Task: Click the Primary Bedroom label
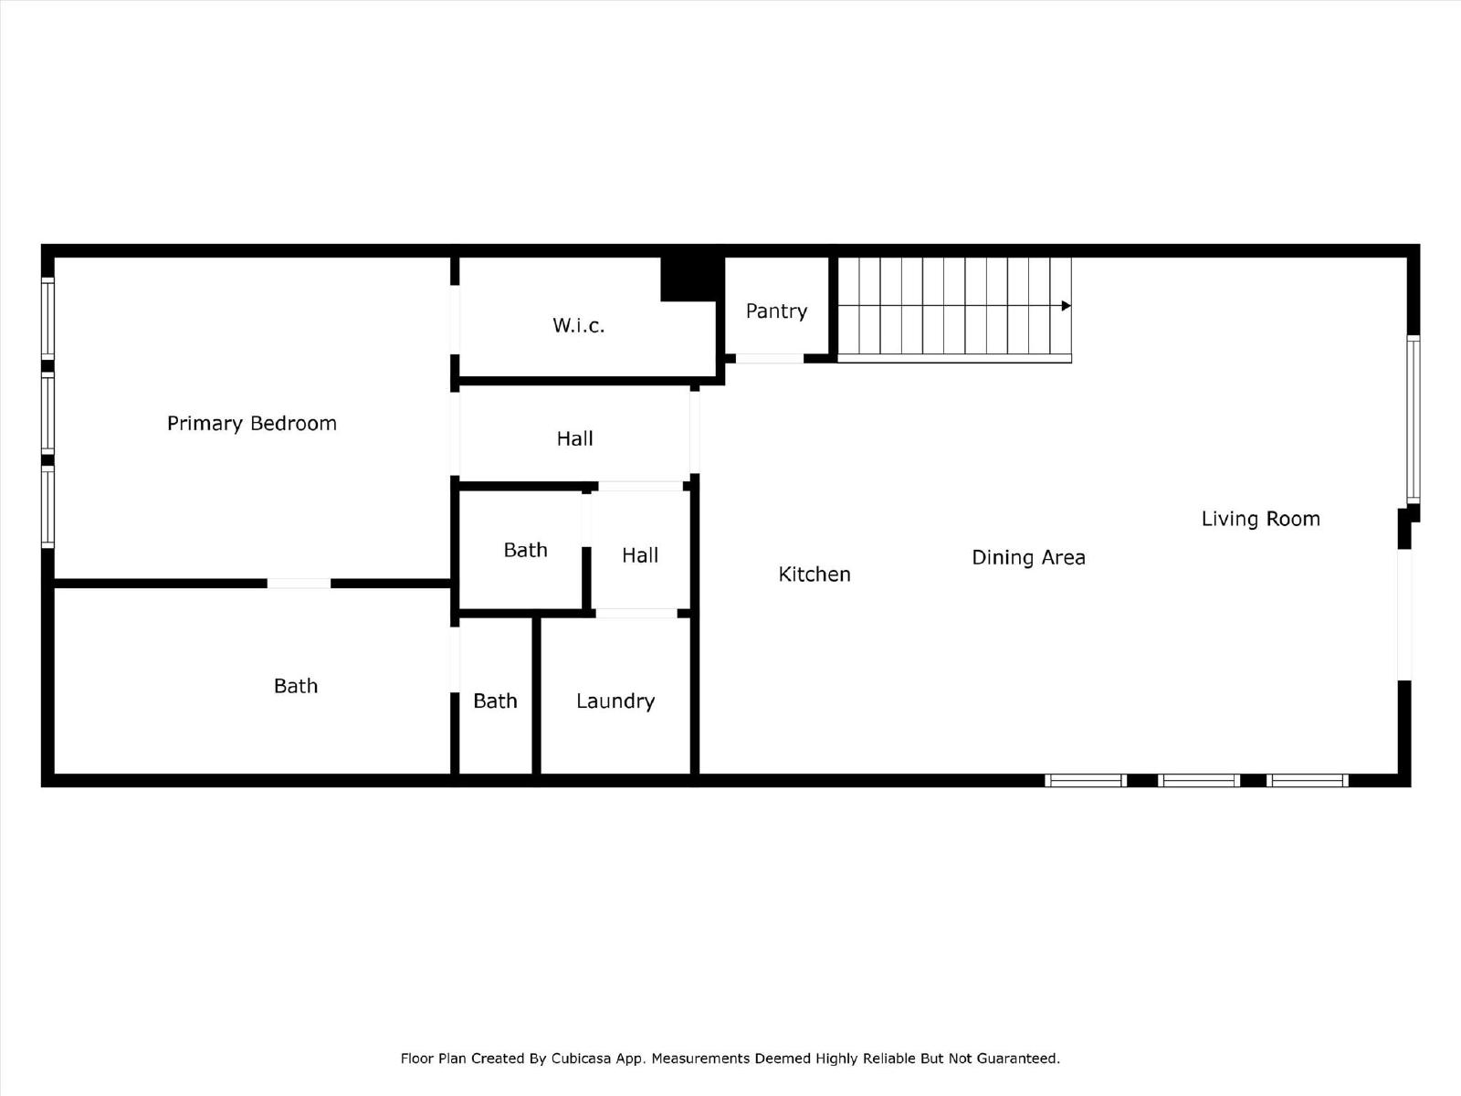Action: point(251,423)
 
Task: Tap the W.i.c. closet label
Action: point(578,325)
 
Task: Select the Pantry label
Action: point(776,311)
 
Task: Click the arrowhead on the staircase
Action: point(1066,306)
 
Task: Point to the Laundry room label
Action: point(615,701)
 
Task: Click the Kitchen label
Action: point(814,574)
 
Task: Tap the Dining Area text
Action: point(1028,557)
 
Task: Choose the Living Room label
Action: point(1260,519)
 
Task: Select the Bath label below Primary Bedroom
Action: point(296,686)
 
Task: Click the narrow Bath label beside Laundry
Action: point(495,701)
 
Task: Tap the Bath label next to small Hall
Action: point(525,550)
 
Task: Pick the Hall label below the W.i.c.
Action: point(574,438)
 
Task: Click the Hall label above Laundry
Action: point(639,555)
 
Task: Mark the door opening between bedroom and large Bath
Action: point(299,584)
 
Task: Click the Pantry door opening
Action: point(769,359)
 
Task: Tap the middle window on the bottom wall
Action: point(1198,780)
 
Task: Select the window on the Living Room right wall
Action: point(1413,419)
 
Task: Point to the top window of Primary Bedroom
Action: point(47,317)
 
